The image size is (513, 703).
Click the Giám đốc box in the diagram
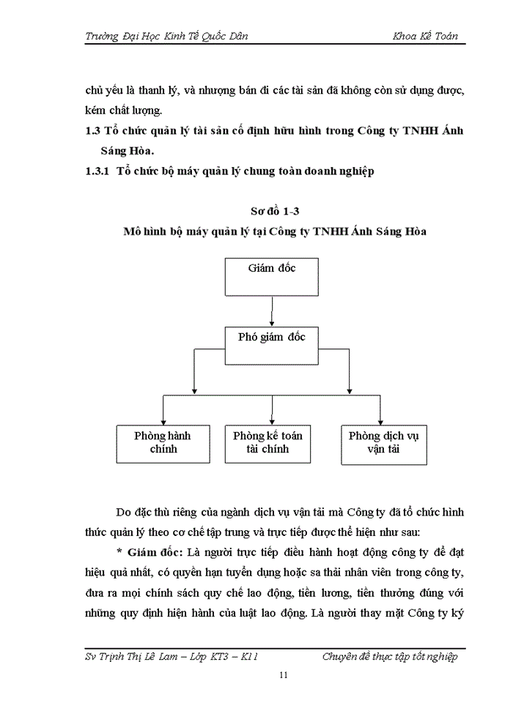point(272,275)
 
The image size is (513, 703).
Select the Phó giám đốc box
point(272,345)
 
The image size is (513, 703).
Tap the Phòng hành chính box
point(163,442)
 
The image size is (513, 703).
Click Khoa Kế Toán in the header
point(425,37)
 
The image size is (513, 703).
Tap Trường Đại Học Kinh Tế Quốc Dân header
point(166,37)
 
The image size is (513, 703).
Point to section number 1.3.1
point(97,172)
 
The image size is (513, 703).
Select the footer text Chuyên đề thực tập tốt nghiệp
point(390,656)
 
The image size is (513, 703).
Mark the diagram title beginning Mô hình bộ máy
point(275,231)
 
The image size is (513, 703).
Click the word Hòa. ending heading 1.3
point(138,152)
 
